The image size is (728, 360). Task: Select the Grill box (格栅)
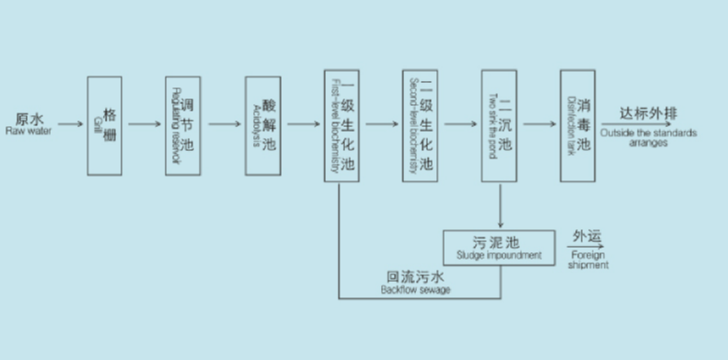pyautogui.click(x=104, y=125)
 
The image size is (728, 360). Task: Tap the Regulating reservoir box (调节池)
pyautogui.click(x=182, y=125)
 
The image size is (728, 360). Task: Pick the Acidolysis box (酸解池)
pyautogui.click(x=262, y=125)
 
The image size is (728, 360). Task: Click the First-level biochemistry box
pyautogui.click(x=341, y=125)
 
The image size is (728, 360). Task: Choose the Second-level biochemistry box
pyautogui.click(x=420, y=125)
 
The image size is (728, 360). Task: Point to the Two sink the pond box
pyautogui.click(x=499, y=125)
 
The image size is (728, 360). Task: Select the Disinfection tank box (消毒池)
pyautogui.click(x=578, y=125)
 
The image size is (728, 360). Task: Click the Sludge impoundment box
pyautogui.click(x=500, y=246)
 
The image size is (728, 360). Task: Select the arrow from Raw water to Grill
pyautogui.click(x=71, y=123)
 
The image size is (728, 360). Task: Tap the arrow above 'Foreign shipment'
pyautogui.click(x=585, y=245)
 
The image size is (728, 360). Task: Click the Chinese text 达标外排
pyautogui.click(x=648, y=113)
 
